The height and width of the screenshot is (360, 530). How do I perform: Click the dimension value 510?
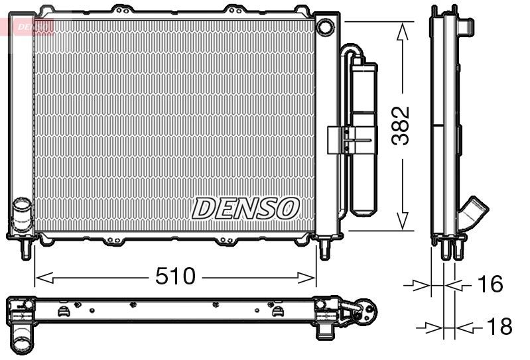click(175, 275)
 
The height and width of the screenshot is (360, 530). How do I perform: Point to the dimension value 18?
click(498, 326)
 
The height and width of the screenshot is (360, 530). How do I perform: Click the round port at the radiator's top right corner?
click(325, 27)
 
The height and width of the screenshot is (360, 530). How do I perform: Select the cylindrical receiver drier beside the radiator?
click(364, 139)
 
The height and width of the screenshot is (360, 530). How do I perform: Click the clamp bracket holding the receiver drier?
click(341, 139)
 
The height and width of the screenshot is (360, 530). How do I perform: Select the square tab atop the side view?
click(467, 25)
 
